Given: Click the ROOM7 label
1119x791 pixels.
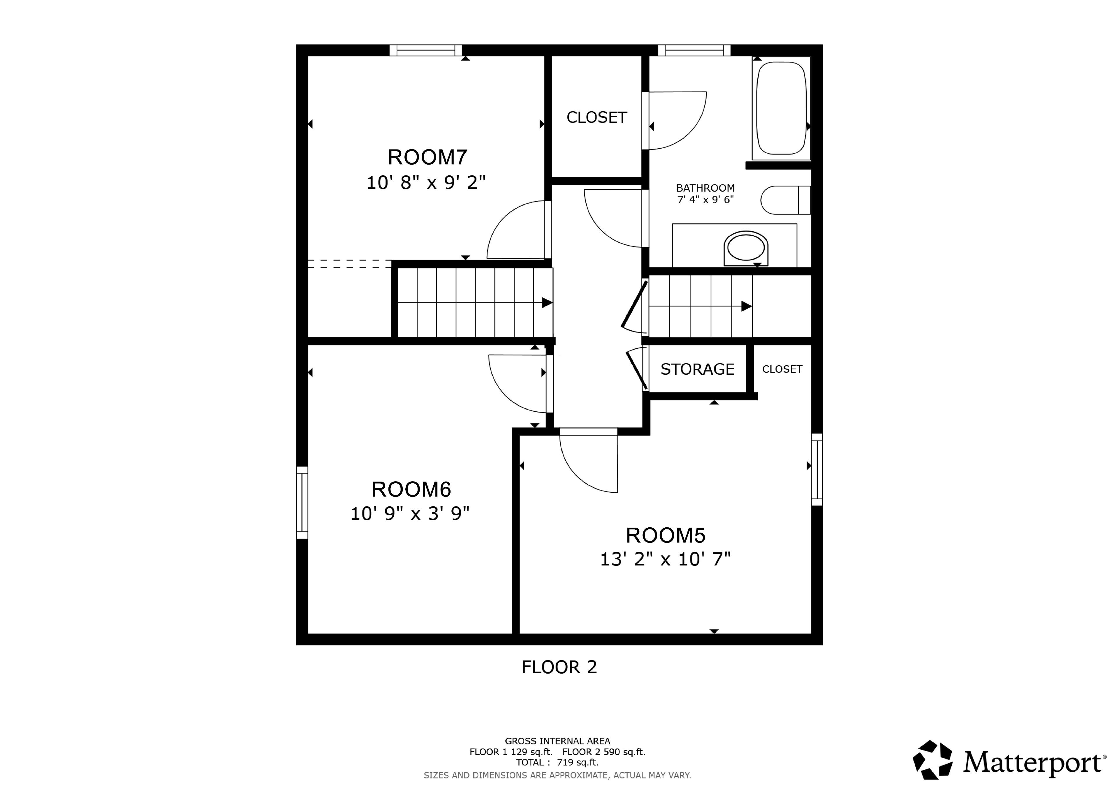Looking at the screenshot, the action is pos(427,157).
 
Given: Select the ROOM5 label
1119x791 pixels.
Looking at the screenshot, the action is pos(665,535).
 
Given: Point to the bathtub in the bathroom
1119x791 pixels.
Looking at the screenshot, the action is pos(781,108).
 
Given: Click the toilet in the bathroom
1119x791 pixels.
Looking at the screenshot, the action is pos(785,200).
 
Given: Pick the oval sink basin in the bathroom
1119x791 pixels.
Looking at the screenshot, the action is pos(746,248).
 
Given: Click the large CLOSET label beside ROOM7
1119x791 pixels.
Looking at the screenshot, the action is pos(597,117).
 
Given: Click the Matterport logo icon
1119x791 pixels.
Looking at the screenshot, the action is pos(932,760).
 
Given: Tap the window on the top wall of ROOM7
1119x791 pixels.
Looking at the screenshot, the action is pos(425,50).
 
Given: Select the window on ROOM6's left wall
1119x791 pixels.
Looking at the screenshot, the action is pos(302,503).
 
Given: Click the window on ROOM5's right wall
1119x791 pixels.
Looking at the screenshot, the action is pos(817,469).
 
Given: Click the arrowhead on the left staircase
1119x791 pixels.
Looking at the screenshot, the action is pos(547,303).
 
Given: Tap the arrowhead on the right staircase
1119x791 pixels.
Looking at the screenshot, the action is pos(747,306).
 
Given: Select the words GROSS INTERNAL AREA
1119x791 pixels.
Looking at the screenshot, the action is pos(557,741).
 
